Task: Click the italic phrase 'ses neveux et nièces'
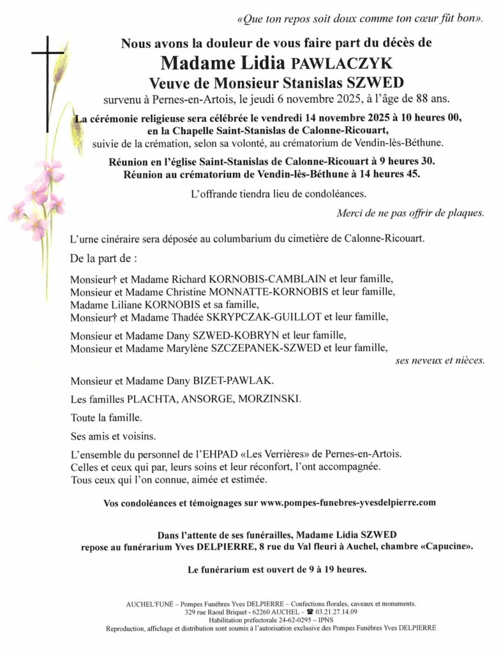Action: pyautogui.click(x=440, y=361)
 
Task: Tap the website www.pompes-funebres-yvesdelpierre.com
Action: pyautogui.click(x=348, y=503)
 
